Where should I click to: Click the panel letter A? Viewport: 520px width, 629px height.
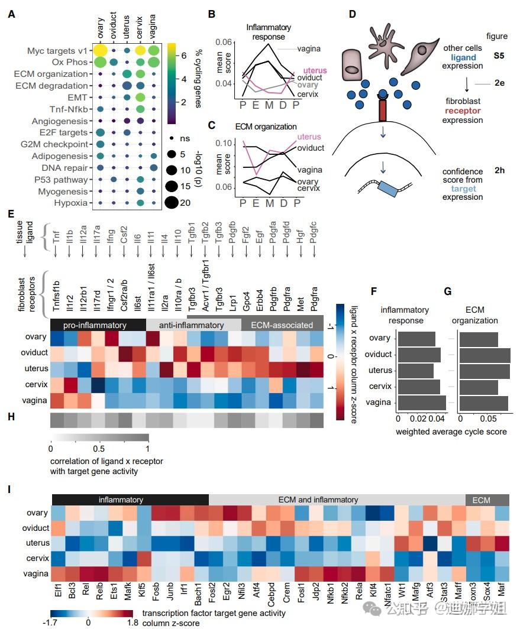click(11, 14)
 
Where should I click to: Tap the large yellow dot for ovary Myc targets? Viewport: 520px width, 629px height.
click(101, 51)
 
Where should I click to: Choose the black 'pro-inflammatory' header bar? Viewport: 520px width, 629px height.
click(97, 325)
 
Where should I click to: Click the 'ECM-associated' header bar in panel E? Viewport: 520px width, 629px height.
click(282, 325)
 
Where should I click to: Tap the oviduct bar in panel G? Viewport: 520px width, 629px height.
click(485, 354)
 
